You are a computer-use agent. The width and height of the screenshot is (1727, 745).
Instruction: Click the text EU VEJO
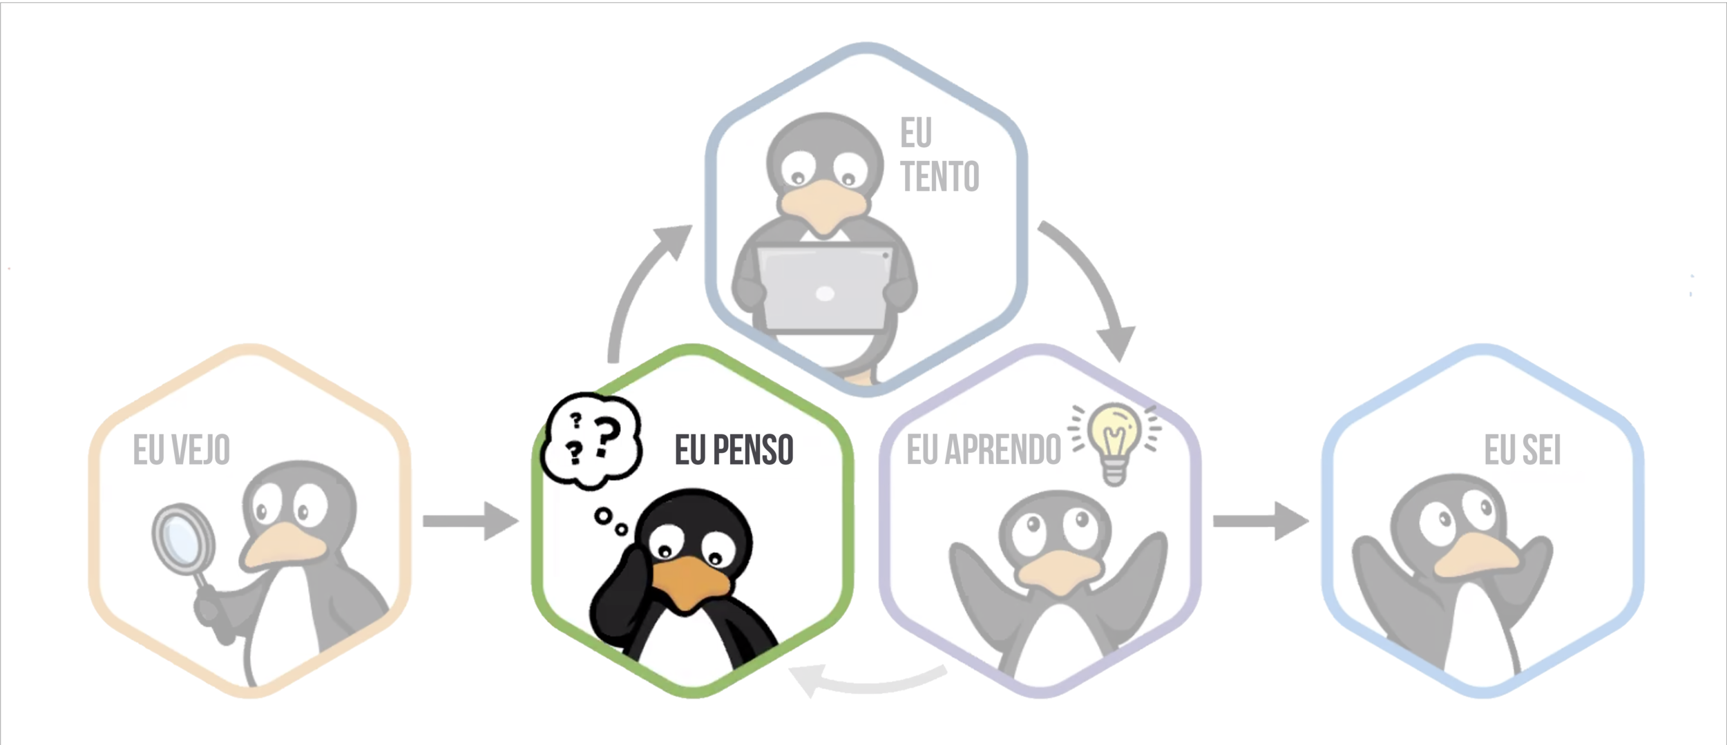(x=181, y=450)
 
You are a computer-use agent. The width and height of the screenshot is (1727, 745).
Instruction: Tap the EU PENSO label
(x=734, y=450)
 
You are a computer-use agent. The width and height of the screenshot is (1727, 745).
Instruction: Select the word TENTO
(x=939, y=177)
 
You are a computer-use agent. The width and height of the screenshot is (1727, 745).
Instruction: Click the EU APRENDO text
(x=983, y=450)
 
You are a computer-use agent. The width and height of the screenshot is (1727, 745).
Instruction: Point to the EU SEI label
(x=1523, y=450)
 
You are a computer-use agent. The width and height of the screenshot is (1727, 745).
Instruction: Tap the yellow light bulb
(x=1113, y=439)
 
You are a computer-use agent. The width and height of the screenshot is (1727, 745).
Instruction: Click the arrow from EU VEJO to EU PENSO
(x=470, y=521)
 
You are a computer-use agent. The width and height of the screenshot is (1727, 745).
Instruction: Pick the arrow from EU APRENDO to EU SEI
(x=1259, y=521)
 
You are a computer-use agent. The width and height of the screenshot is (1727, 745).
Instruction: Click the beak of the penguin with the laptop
(x=822, y=204)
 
